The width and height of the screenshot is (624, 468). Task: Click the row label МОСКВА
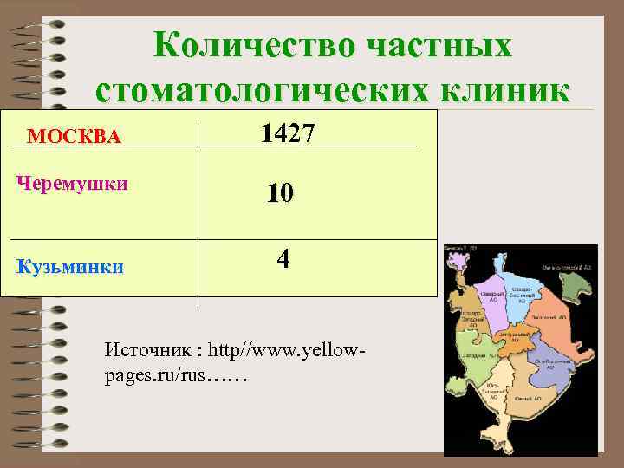75,136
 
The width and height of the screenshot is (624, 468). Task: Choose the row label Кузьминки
70,266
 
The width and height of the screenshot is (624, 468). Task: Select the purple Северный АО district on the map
493,291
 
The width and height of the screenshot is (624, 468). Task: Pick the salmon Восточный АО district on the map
555,322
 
